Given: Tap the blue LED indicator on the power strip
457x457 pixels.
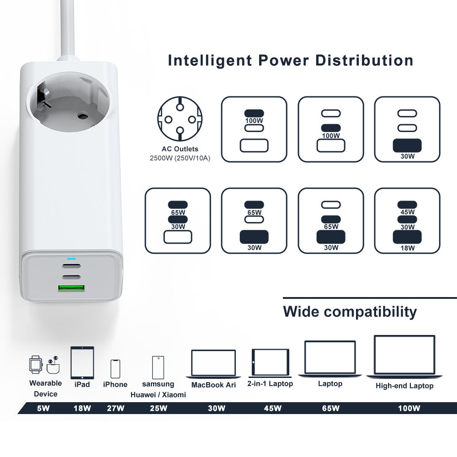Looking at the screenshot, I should point(71,259).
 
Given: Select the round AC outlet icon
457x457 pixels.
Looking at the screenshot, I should point(180,120).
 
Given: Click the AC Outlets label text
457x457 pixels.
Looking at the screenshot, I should point(180,149).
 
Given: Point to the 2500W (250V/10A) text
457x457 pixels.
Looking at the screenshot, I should point(180,158).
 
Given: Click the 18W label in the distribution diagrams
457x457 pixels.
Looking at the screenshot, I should point(407,248).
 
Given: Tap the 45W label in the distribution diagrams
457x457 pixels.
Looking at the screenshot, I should point(407,212).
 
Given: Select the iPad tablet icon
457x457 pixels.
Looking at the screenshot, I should point(82,362).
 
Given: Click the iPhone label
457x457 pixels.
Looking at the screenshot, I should point(115,384).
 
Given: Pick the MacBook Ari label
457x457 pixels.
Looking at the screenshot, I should point(213,385).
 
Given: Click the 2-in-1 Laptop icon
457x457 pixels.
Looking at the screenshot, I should point(270,362).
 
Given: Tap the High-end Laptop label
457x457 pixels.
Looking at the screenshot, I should point(404,386).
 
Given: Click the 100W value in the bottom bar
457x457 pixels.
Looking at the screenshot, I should point(409,408).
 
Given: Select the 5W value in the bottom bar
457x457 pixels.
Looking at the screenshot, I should point(43,408).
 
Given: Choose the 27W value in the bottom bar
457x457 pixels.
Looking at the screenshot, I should point(115,408).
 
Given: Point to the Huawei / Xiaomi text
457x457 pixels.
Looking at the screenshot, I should point(158,394).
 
